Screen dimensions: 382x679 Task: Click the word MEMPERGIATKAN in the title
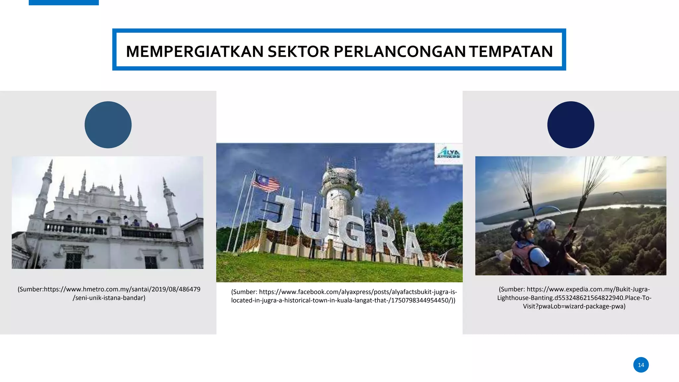click(195, 52)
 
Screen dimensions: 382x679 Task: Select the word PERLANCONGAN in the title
click(400, 52)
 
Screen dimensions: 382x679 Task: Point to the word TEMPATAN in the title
click(511, 52)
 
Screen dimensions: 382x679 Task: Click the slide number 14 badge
click(641, 365)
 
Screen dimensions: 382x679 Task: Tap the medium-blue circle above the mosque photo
click(108, 125)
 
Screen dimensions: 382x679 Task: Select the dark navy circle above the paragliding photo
click(571, 125)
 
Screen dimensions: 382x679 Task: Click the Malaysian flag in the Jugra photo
click(266, 183)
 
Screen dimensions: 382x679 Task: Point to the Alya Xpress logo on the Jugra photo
click(448, 154)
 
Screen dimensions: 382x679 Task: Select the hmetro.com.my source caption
click(109, 293)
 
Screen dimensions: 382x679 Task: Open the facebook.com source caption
click(343, 296)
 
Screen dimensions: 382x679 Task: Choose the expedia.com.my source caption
click(574, 298)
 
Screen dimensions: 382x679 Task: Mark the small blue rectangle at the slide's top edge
click(64, 2)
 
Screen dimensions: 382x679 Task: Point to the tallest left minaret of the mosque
click(43, 192)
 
